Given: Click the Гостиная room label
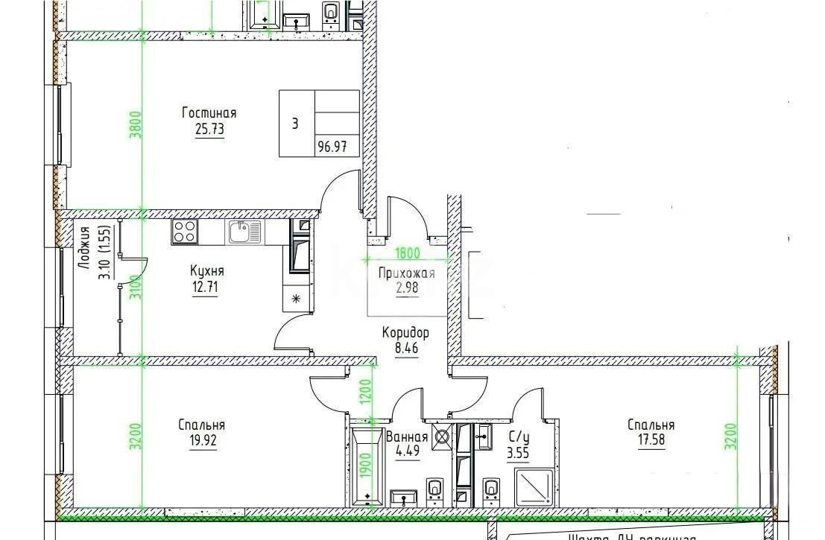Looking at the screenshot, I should coord(209,113).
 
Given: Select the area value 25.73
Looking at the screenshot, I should coord(209,129).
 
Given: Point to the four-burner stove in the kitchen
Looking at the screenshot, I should coord(184,232).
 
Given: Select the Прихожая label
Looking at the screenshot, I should coord(406,273).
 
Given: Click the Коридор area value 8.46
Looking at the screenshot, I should coord(405,346).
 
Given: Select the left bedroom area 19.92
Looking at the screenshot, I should coord(201,439).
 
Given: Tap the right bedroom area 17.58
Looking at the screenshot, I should coord(650,439).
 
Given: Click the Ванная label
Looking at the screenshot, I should coord(407,438).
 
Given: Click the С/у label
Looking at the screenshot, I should coord(519,438).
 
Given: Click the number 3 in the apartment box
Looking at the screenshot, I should coord(295,124).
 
